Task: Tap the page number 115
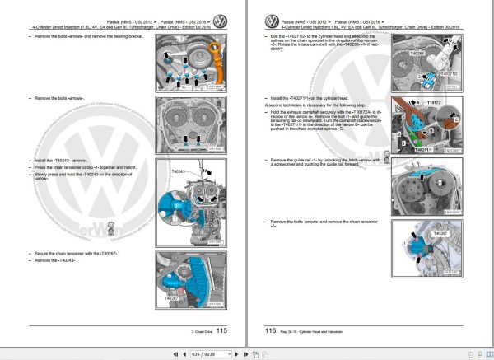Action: click(x=221, y=330)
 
